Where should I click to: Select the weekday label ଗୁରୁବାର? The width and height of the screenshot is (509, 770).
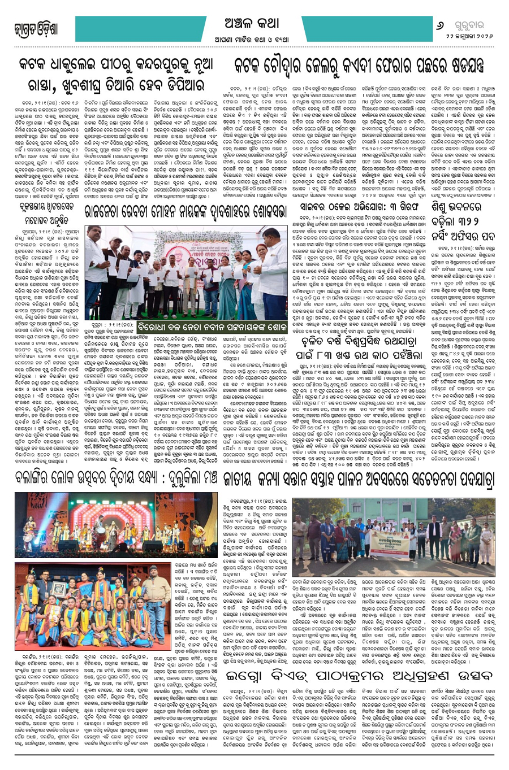click(475, 25)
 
